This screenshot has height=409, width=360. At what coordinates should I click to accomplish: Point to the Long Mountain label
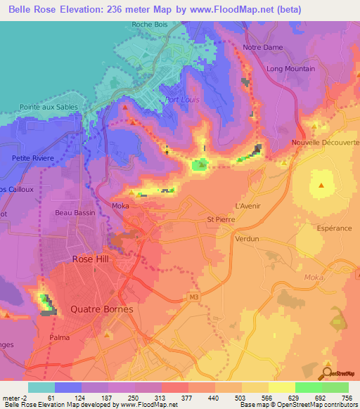coord(291,69)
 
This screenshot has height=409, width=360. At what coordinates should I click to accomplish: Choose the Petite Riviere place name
coord(33,158)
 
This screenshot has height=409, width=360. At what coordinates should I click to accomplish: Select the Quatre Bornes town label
coord(101,309)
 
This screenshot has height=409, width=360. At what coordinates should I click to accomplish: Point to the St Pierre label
coord(220,219)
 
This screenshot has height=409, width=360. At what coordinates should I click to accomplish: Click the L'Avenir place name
coord(247,206)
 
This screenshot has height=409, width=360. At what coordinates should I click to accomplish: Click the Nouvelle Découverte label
coord(326,142)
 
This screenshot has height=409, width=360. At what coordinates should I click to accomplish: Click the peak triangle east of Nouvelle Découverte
coord(321,186)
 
